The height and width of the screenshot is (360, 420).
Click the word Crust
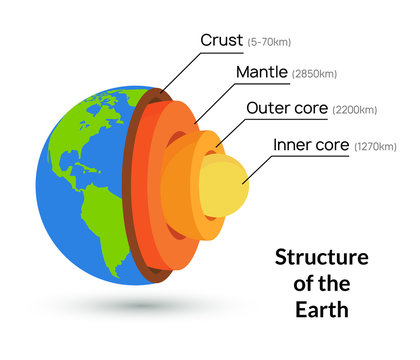(x=221, y=40)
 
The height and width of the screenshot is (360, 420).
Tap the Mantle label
(x=260, y=73)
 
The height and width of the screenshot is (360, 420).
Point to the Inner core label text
(x=310, y=145)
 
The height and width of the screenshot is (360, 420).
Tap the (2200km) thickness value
(x=354, y=109)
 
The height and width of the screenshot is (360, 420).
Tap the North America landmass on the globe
(x=75, y=130)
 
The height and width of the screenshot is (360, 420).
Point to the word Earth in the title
(x=321, y=309)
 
